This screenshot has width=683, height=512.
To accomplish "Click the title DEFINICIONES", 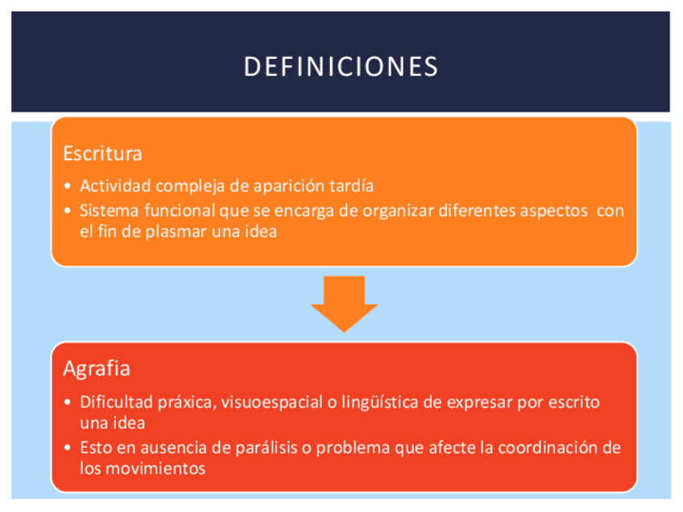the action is point(341,67).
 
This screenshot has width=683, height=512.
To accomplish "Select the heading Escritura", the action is point(103,154).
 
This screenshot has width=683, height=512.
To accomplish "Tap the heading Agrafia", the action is point(97,370).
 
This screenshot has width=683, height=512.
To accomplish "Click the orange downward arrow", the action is point(344,303).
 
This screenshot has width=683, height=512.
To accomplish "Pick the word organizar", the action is point(398,211).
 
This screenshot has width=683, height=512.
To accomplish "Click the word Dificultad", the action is point(116,403).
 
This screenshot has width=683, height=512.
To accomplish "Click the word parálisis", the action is point(266,448).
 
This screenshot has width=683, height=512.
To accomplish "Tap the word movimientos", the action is point(155,469).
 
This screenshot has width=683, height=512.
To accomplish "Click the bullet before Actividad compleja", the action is point(67,186).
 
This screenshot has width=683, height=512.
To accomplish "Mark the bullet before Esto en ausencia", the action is point(67,448).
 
